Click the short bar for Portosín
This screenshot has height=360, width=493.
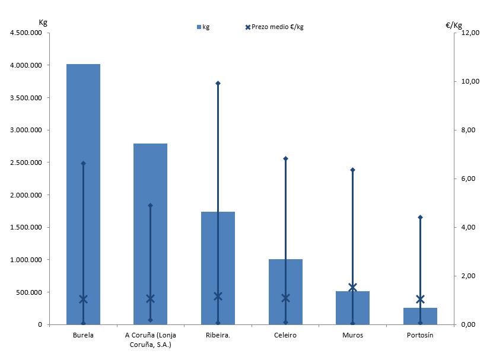(x=420, y=316)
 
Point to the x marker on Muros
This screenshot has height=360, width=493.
(x=352, y=288)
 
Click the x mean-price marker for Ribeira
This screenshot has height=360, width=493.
(x=218, y=296)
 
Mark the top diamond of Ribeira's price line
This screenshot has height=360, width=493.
(x=218, y=83)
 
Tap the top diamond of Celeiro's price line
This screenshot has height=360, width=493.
(x=285, y=158)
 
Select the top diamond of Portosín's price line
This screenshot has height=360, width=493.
(x=420, y=217)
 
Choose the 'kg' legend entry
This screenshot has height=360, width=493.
(x=203, y=27)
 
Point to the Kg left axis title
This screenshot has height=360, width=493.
(x=43, y=23)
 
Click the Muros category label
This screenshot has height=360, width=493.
(x=352, y=335)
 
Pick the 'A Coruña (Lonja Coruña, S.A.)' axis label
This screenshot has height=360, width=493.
(x=150, y=339)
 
